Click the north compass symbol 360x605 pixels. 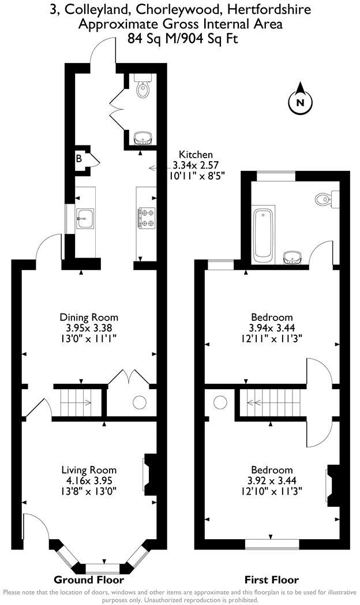click(x=299, y=102)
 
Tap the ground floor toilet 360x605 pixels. click(x=141, y=88)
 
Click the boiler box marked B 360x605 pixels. click(x=79, y=158)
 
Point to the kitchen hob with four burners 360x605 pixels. click(x=145, y=217)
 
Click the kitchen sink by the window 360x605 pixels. click(x=85, y=218)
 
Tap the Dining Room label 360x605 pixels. click(x=89, y=317)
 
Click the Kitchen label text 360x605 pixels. click(x=196, y=155)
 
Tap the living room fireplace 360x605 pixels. click(x=149, y=475)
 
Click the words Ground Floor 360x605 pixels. click(x=89, y=579)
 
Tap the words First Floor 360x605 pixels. click(x=271, y=579)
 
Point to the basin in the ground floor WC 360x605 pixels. click(x=142, y=138)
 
